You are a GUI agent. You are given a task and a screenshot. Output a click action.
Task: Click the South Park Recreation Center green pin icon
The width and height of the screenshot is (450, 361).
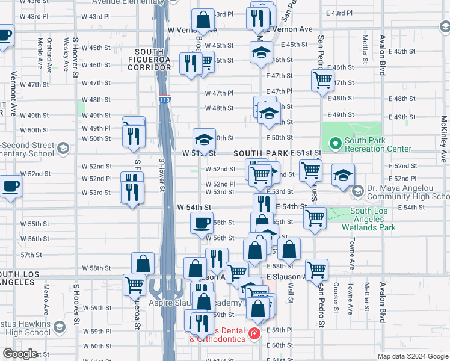tap(335, 144)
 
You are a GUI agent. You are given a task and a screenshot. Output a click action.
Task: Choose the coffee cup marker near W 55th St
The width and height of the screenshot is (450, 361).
tap(202, 223)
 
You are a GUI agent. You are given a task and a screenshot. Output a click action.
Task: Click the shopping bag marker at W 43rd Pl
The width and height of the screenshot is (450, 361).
tap(203, 20)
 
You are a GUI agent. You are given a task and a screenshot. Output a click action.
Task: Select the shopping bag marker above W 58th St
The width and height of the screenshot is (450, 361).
tap(143, 263)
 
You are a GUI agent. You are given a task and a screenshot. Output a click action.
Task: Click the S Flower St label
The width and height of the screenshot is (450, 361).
tap(161, 174)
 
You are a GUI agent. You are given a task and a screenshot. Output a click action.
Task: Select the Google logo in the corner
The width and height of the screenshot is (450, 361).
tap(19, 354)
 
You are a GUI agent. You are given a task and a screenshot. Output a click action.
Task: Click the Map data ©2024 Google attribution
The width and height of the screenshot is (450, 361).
tap(413, 356)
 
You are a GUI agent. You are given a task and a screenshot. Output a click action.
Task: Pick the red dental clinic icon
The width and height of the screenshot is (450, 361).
tap(254, 333)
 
